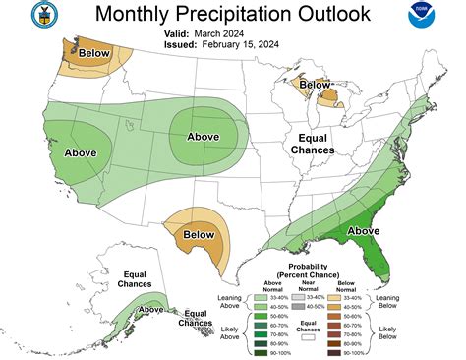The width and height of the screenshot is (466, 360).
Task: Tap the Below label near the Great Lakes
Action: pos(315,85)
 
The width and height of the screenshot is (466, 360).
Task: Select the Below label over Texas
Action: pos(200,234)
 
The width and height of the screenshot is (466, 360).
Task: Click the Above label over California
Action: pos(82,153)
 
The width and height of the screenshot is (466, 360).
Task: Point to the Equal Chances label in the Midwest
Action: pos(305,144)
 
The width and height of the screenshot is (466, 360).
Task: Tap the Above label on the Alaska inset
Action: pos(151,309)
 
